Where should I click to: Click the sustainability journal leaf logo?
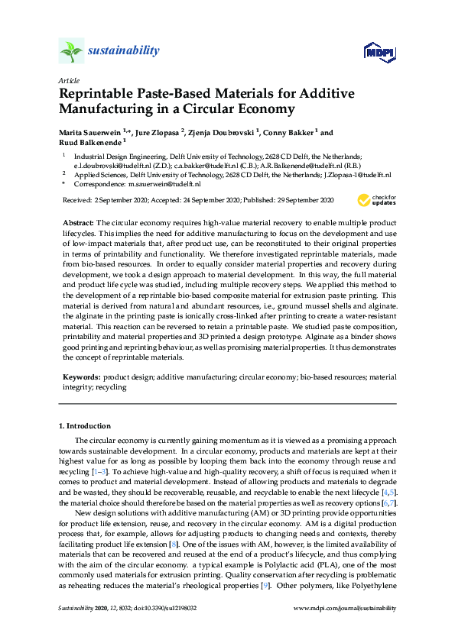pos(70,52)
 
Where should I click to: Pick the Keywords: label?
pos(81,377)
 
